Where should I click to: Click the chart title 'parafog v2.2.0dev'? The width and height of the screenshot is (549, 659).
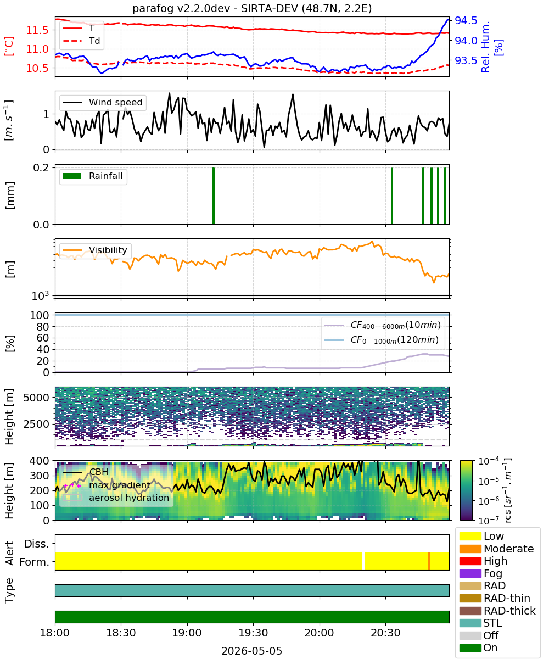[x=181, y=8]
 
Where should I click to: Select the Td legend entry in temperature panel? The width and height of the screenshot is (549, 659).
[x=81, y=41]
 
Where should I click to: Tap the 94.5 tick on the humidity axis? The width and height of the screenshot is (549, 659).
[x=466, y=20]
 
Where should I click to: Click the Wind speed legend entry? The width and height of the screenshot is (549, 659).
[x=103, y=102]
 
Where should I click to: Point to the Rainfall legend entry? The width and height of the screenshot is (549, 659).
[x=93, y=176]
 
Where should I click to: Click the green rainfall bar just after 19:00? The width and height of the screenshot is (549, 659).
[x=214, y=196]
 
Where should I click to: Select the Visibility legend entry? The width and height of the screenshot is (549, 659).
[x=95, y=250]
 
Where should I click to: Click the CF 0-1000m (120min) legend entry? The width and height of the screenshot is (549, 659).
[x=381, y=340]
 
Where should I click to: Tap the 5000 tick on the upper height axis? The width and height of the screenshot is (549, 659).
[x=36, y=398]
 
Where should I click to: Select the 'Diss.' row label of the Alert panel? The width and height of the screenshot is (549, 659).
[x=37, y=544]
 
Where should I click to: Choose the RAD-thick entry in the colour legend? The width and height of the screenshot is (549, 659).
[x=497, y=611]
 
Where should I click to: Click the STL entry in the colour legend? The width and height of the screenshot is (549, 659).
[x=480, y=623]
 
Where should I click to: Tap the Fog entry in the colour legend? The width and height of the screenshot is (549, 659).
[x=481, y=573]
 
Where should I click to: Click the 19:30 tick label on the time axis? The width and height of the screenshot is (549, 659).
[x=253, y=633]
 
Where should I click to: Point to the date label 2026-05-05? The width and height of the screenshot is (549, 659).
[x=252, y=651]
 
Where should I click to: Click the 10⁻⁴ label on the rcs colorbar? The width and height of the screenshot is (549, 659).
[x=489, y=461]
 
